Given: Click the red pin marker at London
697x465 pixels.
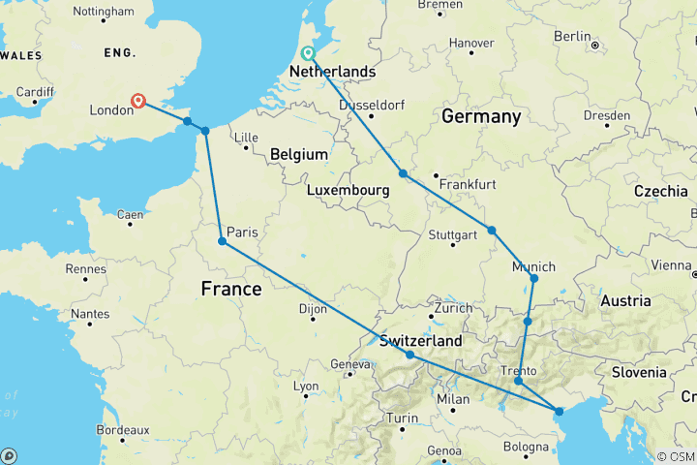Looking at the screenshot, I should (x=139, y=101).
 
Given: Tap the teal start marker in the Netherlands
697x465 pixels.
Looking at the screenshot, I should (x=308, y=53).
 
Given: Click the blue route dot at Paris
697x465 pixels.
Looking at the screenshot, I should (x=223, y=241).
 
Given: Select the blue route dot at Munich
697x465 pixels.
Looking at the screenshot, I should (x=533, y=279).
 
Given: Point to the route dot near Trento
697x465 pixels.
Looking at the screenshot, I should (x=519, y=381).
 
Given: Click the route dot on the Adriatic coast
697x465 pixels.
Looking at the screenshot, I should (x=560, y=412).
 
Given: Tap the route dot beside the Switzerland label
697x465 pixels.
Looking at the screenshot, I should (x=410, y=355).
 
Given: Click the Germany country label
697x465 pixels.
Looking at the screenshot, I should (x=481, y=116).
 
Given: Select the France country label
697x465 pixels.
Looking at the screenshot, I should (x=230, y=289).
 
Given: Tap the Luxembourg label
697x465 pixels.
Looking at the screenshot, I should (x=348, y=191).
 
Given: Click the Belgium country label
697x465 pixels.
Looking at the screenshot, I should (x=299, y=154).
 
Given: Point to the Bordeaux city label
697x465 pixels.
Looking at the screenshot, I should (x=123, y=429).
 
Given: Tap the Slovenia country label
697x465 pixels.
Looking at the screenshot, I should (x=638, y=372).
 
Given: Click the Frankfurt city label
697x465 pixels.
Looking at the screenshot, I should (x=468, y=184).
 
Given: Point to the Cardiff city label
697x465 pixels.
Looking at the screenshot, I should (x=35, y=92).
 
